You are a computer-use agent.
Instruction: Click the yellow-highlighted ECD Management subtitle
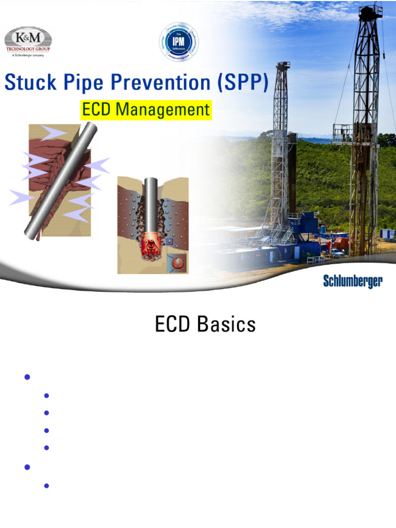(x=146, y=110)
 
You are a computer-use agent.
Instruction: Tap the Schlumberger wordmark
(x=353, y=281)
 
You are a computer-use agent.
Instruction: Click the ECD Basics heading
(x=205, y=324)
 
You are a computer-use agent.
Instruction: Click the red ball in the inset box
(x=177, y=263)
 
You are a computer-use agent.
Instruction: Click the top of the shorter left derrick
(x=283, y=66)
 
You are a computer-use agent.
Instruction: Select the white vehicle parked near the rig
(x=336, y=253)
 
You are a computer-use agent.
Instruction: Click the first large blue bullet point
(x=27, y=377)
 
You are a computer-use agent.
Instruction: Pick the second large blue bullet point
(x=27, y=467)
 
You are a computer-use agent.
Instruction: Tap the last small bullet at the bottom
(x=46, y=485)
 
